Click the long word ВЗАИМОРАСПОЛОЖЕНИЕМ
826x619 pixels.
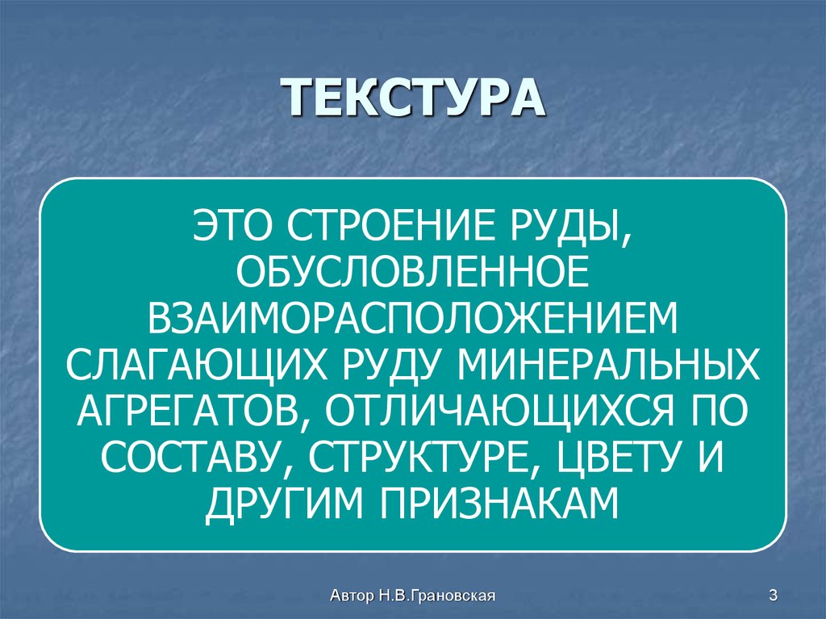coord(412,314)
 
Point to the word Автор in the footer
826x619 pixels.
coord(350,596)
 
